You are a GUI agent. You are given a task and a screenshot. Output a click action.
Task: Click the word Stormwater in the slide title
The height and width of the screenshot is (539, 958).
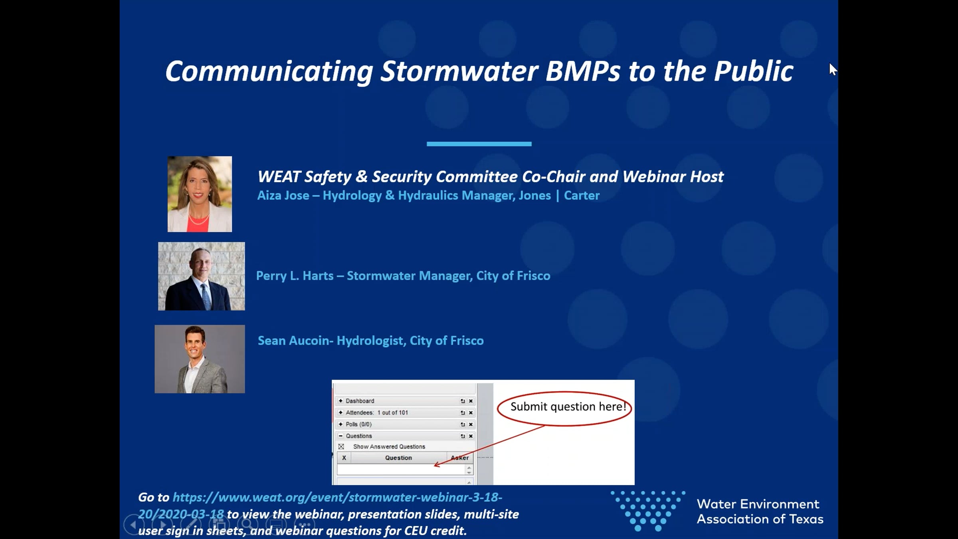point(459,71)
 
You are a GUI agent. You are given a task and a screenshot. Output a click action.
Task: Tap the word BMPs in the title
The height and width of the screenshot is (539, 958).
point(583,71)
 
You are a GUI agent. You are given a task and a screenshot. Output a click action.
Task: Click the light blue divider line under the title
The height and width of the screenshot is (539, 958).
point(479,144)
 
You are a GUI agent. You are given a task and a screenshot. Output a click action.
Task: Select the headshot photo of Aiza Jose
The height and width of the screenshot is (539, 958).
point(200,194)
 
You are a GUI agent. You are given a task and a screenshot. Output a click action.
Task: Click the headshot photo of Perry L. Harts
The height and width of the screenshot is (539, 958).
point(202,276)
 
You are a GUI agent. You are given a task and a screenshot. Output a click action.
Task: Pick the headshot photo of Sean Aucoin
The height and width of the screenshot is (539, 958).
point(200,359)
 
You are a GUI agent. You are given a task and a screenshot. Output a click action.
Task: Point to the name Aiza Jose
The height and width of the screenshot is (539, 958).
point(283,195)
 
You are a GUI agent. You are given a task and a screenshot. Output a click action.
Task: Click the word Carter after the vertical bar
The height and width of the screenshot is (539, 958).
point(582,195)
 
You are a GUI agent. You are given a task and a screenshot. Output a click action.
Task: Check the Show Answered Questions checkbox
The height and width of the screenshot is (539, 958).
point(341,446)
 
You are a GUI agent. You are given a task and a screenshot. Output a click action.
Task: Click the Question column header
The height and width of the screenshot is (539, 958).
point(398,458)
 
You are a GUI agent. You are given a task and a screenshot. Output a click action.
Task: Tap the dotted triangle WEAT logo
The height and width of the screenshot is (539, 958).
point(648,511)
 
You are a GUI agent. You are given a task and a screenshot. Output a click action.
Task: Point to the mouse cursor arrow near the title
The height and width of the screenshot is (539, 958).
point(833,69)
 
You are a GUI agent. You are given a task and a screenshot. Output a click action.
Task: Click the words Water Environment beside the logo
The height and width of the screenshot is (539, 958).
point(758,504)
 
